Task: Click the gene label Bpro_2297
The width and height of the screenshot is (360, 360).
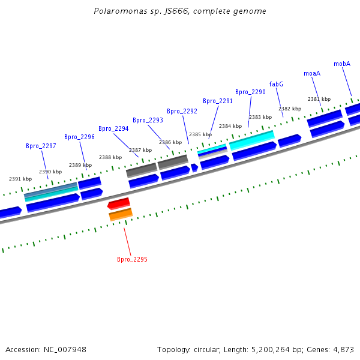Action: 41,146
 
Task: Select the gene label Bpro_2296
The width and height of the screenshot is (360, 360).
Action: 79,137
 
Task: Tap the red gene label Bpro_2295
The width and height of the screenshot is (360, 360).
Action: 132,260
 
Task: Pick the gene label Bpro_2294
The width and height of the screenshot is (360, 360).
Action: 113,128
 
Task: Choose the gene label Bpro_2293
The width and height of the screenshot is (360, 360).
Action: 148,120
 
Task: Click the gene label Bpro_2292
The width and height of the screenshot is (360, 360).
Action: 182,111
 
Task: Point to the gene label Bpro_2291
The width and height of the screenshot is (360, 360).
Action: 217,101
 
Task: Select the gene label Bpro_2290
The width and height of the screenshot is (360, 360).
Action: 250,92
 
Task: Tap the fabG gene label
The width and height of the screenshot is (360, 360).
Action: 276,84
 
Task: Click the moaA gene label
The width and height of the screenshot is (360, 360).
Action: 312,73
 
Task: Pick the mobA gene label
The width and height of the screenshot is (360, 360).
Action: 342,64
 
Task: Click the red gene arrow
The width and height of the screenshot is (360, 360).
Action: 119,203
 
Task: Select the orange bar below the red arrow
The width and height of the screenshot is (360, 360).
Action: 121,214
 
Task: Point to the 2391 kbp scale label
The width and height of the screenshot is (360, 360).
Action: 20,179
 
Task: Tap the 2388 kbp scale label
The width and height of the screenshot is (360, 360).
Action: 110,157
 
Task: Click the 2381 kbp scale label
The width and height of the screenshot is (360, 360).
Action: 319,99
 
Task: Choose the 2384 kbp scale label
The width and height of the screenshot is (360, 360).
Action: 230,126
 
